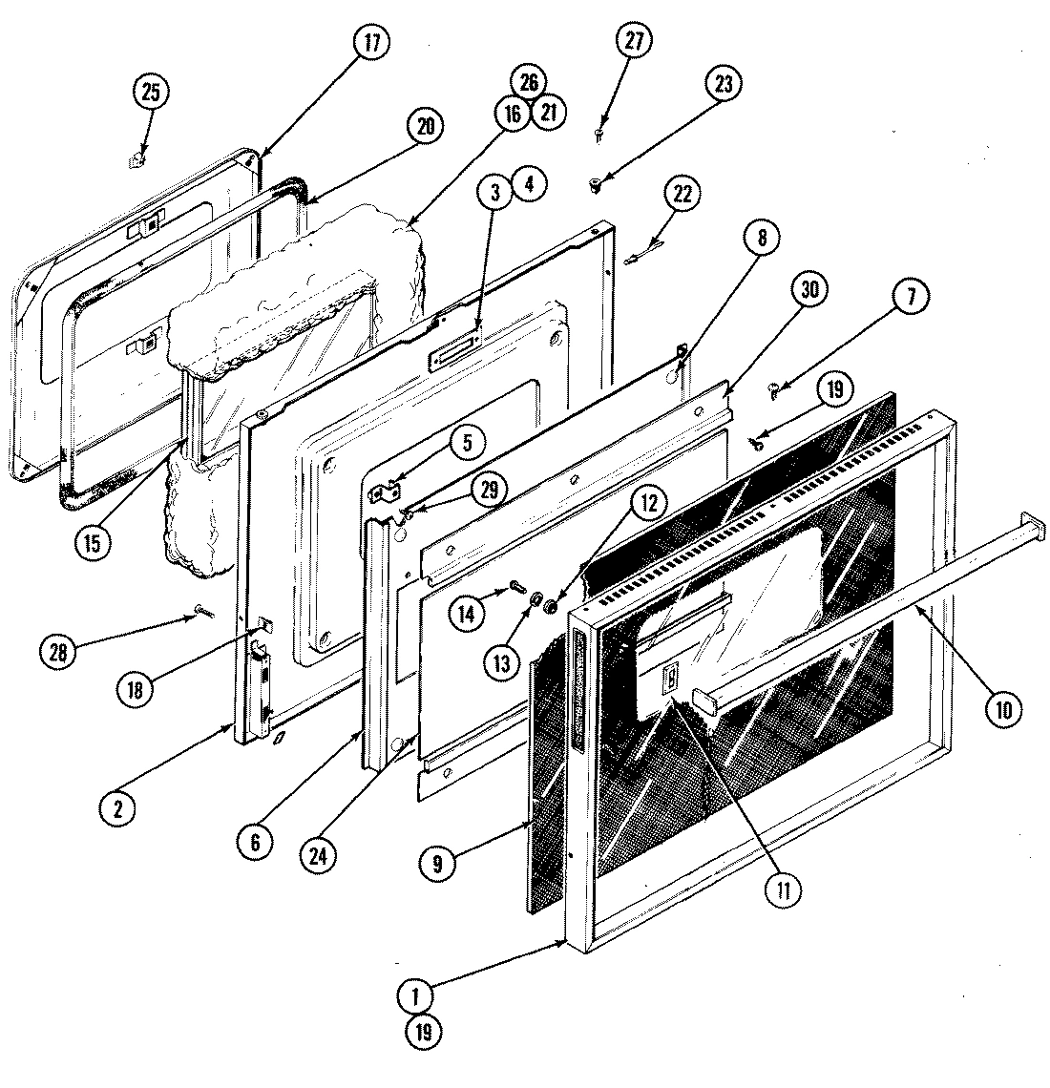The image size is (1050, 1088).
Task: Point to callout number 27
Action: click(x=635, y=42)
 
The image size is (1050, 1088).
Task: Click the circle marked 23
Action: click(x=723, y=84)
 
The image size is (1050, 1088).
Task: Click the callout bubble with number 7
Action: click(x=909, y=298)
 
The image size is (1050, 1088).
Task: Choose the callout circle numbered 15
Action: click(x=93, y=540)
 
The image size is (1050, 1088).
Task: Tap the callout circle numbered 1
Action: click(x=416, y=996)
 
